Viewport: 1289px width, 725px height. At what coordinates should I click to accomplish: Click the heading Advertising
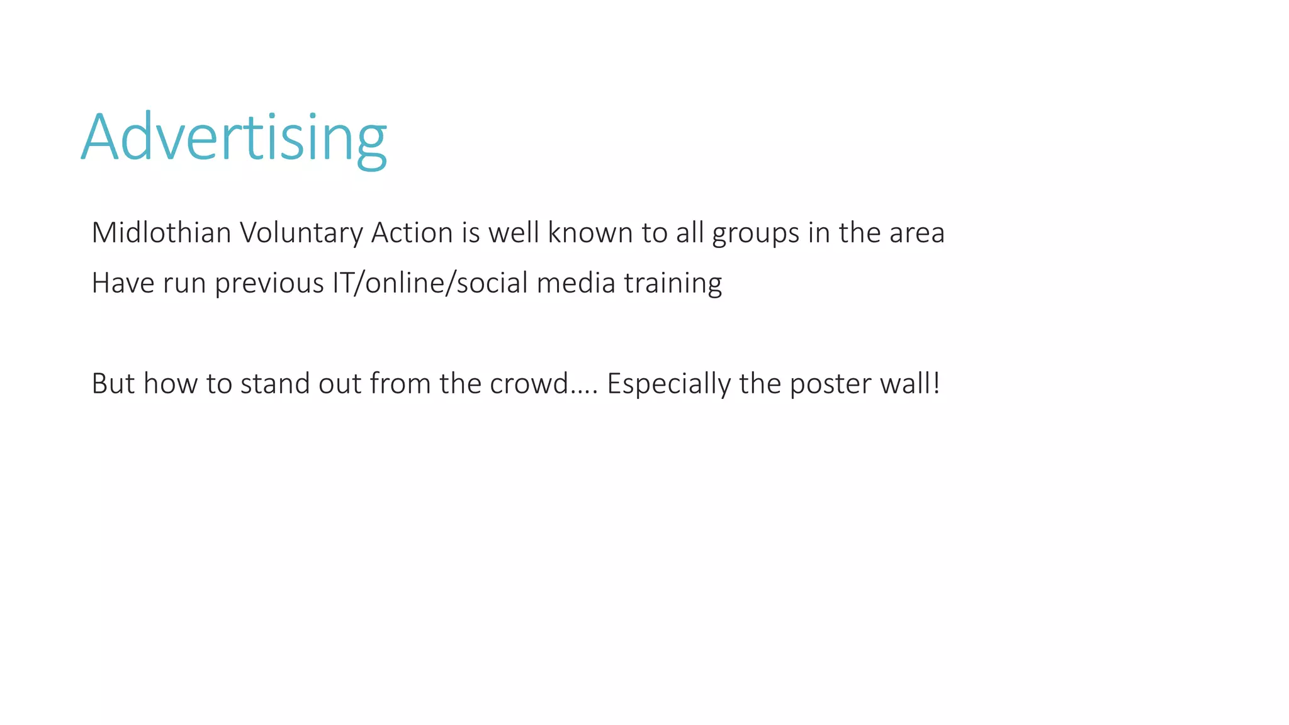point(234,138)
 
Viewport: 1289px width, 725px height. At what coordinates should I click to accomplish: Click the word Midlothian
point(161,233)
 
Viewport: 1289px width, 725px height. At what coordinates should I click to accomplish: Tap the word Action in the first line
point(412,233)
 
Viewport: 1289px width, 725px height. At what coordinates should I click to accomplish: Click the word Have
point(123,283)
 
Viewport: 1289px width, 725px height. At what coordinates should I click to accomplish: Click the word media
point(575,283)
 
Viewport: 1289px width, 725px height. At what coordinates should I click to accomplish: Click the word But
point(113,384)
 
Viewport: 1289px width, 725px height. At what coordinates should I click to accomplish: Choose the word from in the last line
point(400,384)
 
